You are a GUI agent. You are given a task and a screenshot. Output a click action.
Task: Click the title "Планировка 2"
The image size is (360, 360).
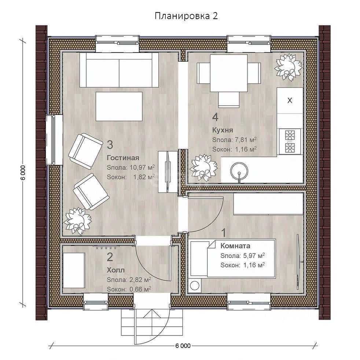pos(186,16)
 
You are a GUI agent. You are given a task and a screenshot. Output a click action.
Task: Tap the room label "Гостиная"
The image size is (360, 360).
pos(123,158)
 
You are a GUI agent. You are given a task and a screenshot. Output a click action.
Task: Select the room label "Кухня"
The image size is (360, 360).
pos(223,130)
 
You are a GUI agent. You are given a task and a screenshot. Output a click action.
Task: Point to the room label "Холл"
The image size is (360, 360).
pos(116,270)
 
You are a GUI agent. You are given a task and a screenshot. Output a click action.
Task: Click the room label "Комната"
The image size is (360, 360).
pos(235,246)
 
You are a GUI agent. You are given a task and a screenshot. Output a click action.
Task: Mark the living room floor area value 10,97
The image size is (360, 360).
pos(138,167)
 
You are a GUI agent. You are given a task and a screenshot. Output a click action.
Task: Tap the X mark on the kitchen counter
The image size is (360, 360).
pos(290,100)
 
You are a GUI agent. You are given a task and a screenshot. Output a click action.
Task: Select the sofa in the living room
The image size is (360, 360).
pos(119,70)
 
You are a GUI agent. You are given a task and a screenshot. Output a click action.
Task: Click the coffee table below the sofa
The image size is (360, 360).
pos(119,106)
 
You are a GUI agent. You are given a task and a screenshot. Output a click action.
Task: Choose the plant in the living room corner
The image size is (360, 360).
pos(78,221)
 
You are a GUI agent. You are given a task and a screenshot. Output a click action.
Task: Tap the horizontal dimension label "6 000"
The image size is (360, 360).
pos(183,346)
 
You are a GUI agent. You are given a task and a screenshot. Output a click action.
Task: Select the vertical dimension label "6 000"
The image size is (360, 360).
pos(23,173)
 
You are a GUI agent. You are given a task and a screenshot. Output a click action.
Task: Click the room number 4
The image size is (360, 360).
pos(215,117)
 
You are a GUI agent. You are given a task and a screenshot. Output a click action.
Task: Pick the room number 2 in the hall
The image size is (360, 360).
pos(110,257)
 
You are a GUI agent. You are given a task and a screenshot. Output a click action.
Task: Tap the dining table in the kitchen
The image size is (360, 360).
pos(229,73)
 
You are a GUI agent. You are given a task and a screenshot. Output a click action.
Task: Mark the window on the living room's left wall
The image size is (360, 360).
pos(54,140)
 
